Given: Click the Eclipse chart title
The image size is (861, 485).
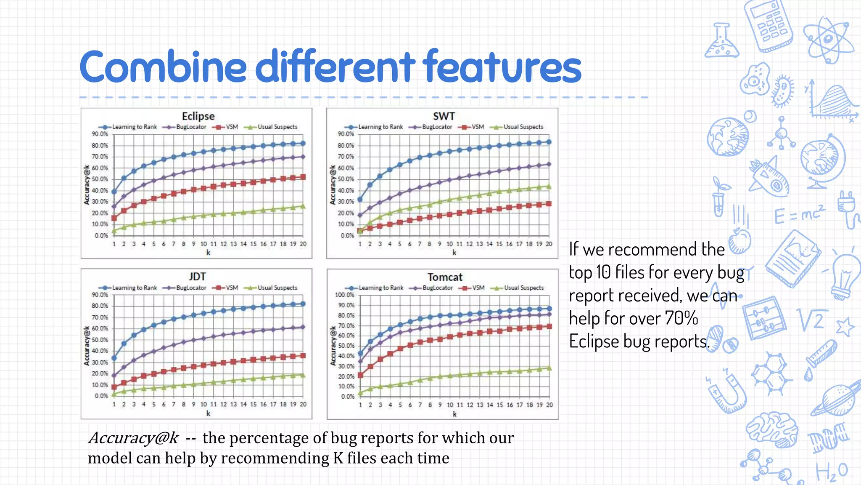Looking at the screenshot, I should (x=198, y=116).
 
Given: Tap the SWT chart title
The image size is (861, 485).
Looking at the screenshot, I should (x=444, y=116).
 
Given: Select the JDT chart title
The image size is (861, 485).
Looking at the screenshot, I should (x=197, y=277).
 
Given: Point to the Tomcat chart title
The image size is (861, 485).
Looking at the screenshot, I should (x=445, y=277).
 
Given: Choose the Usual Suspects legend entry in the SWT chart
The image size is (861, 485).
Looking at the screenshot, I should (x=523, y=127).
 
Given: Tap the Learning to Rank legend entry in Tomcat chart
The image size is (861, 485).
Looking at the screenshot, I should (x=380, y=288).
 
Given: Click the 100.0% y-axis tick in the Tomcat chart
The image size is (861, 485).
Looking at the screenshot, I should (x=345, y=295).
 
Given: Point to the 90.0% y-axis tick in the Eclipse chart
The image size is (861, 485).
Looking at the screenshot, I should (x=100, y=134).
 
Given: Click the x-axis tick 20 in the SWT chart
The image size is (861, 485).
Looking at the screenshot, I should (x=549, y=244).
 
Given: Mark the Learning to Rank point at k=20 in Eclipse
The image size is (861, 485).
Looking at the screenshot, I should (x=303, y=143).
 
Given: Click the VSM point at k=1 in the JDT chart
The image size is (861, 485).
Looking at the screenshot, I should (x=114, y=386).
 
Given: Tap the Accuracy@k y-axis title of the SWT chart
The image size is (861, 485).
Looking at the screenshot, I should (x=333, y=185).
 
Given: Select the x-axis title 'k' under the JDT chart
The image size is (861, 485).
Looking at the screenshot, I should (x=208, y=413).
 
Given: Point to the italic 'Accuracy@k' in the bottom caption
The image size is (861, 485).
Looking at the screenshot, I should (x=134, y=438).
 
